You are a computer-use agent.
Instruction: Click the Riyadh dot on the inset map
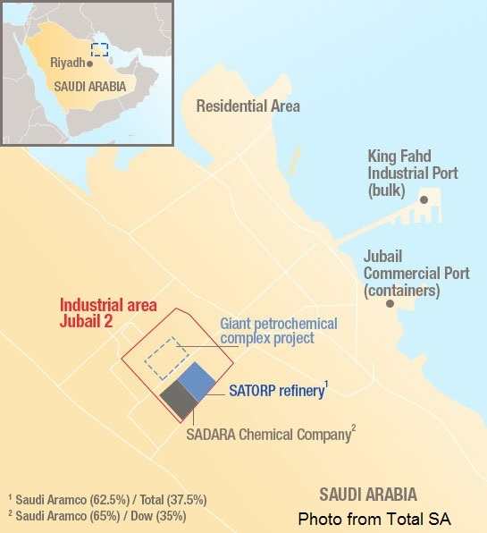[x=90, y=63]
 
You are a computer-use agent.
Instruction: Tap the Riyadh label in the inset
[x=68, y=63]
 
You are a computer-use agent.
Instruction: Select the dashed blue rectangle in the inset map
[x=100, y=49]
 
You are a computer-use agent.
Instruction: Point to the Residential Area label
[x=248, y=106]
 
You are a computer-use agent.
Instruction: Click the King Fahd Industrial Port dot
[x=424, y=199]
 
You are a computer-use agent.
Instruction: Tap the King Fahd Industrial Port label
[x=413, y=172]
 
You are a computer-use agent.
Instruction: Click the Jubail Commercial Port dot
[x=390, y=304]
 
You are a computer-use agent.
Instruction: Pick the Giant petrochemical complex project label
[x=279, y=331]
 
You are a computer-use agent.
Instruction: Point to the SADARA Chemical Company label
[x=268, y=436]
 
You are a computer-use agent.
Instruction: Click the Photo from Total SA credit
[x=374, y=518]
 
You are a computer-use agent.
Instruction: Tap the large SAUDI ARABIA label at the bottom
[x=368, y=494]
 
